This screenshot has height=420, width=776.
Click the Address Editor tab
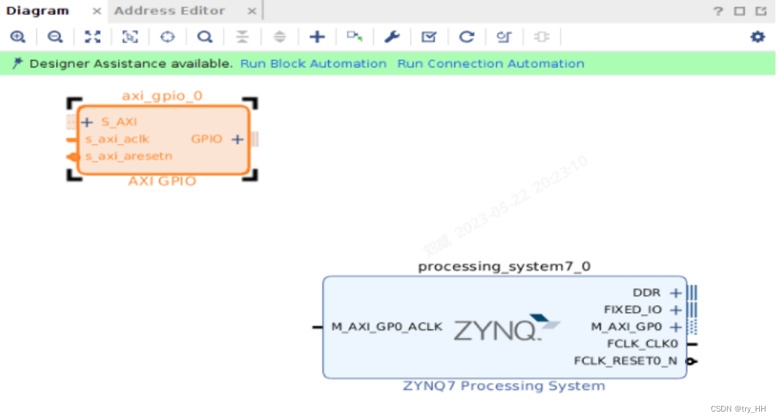[170, 11]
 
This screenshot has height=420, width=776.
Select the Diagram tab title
[38, 11]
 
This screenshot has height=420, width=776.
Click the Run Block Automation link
[313, 64]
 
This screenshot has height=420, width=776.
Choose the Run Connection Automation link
[491, 64]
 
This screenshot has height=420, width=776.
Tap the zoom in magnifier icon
[18, 37]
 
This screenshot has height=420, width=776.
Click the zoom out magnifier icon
[55, 37]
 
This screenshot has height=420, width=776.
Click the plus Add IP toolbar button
[317, 37]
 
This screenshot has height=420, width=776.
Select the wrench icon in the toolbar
[391, 37]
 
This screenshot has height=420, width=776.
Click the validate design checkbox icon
[428, 37]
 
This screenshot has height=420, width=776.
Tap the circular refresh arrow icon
[466, 37]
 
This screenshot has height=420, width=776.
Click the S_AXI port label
[118, 122]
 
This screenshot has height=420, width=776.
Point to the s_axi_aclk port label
[117, 139]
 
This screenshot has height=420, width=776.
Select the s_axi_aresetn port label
[128, 156]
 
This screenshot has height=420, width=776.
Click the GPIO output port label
[206, 139]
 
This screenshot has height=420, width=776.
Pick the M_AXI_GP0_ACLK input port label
[387, 327]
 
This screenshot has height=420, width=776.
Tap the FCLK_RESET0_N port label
[625, 361]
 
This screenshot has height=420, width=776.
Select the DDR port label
[646, 292]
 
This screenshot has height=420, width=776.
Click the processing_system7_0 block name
[504, 266]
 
